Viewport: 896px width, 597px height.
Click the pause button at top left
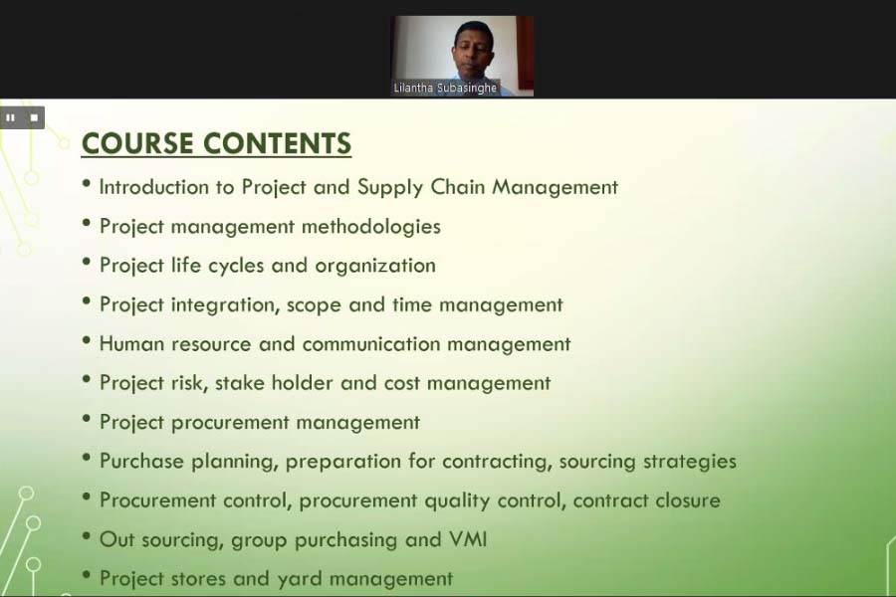tap(10, 118)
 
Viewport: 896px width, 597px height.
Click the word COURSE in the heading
tap(137, 143)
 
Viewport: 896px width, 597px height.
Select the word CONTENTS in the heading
tap(277, 143)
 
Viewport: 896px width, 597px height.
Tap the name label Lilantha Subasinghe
tap(445, 88)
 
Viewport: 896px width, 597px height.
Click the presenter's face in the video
tap(473, 48)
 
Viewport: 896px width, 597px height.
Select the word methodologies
tap(371, 227)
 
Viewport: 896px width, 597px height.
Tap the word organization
tap(375, 266)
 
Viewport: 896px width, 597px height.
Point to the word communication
tap(371, 344)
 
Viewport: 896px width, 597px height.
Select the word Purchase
tap(141, 461)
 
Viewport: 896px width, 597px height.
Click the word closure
tap(687, 500)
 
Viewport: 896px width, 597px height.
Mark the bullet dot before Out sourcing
tap(87, 535)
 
